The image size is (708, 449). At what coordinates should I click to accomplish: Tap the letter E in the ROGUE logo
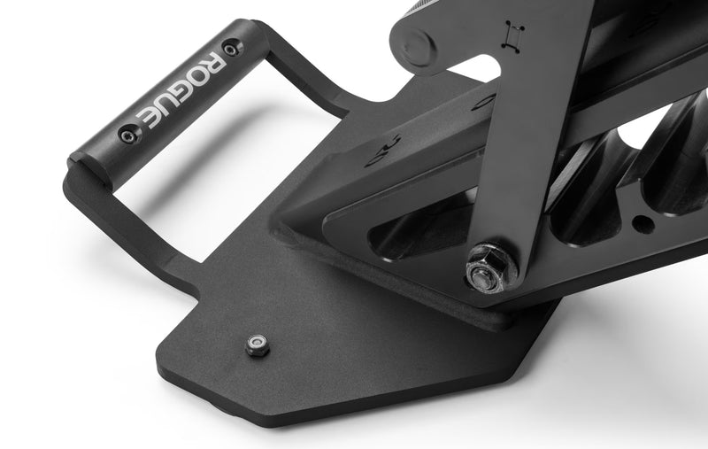point(147,117)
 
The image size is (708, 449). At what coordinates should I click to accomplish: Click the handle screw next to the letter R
point(232,48)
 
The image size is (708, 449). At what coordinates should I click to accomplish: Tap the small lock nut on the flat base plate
point(258,344)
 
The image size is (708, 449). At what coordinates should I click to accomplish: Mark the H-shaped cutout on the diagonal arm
point(515,35)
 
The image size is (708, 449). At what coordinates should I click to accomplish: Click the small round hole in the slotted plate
point(643,223)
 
